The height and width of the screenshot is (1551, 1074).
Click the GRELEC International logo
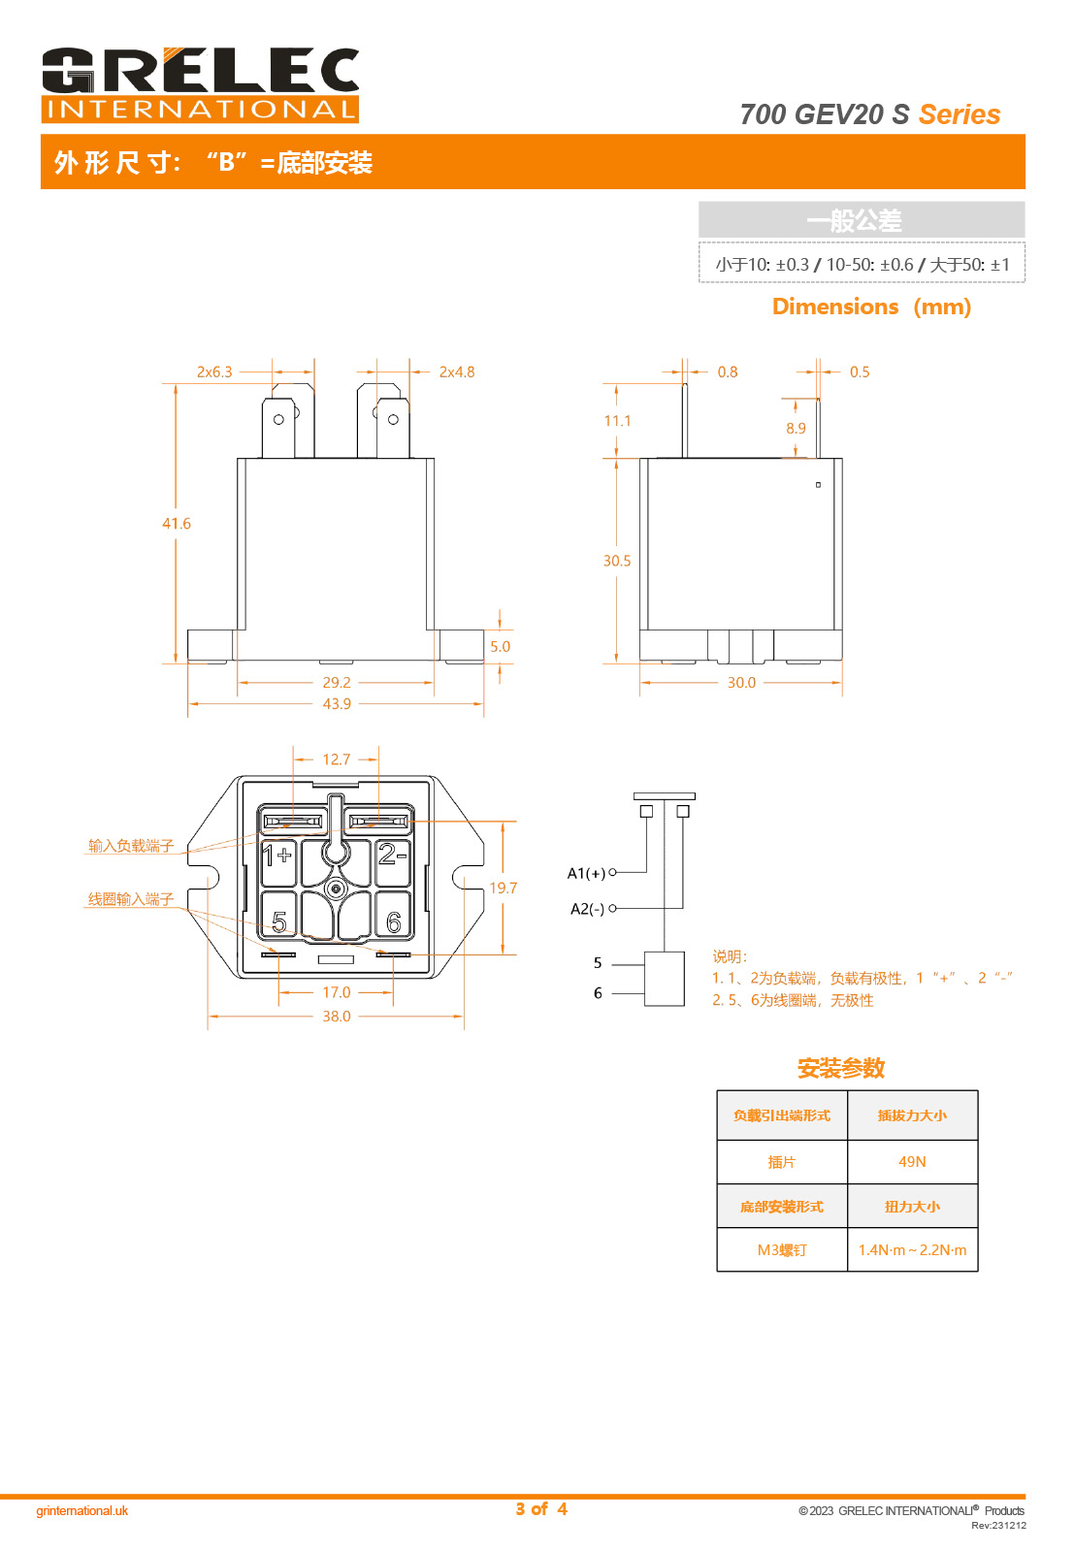[x=200, y=84]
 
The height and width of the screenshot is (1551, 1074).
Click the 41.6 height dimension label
[x=177, y=524]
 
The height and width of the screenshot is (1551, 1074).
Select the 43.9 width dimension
[x=337, y=704]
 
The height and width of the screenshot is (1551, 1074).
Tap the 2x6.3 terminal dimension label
[x=214, y=372]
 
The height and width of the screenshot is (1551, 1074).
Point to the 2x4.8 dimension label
[x=457, y=372]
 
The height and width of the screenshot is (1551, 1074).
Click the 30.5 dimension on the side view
[x=617, y=561]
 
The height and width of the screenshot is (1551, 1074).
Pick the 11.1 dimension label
[x=617, y=421]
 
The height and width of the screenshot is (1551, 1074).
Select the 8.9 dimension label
[x=796, y=429]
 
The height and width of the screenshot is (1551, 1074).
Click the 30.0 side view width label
[x=741, y=683]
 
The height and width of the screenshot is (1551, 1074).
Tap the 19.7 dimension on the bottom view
[x=503, y=889]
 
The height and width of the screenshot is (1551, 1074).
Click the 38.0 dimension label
[x=337, y=1017]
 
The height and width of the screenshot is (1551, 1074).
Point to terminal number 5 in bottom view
[x=279, y=921]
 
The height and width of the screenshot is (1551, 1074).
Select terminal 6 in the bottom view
[x=393, y=921]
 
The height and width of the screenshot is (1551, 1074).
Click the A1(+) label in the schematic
[x=586, y=874]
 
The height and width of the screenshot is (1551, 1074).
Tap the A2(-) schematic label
[x=587, y=909]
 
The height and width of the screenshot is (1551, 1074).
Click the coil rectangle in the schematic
[x=665, y=979]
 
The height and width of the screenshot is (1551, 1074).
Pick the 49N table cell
[x=912, y=1162]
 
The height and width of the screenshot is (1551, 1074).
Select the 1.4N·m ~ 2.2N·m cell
[x=912, y=1250]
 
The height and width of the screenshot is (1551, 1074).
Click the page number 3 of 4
[x=541, y=1509]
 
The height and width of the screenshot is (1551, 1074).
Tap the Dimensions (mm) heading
[x=871, y=307]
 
